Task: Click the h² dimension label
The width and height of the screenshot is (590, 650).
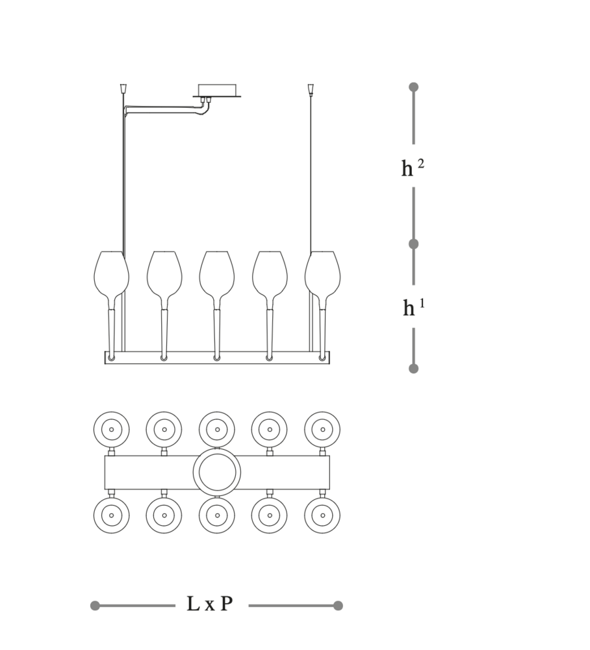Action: (x=413, y=168)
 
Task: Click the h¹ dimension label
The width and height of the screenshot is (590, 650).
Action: (x=414, y=307)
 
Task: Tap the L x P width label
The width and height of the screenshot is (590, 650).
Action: (x=210, y=604)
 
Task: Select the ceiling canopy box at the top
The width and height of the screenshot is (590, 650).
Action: (x=216, y=91)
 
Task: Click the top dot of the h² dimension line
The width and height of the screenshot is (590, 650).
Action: (x=413, y=87)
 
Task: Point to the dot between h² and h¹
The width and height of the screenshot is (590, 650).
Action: (x=413, y=244)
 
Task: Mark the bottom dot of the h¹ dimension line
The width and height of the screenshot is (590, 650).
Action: (x=413, y=369)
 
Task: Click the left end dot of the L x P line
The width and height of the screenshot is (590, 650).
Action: (x=95, y=606)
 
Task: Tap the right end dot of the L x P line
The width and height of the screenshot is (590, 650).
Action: (x=338, y=606)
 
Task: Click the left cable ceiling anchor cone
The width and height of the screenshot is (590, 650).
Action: (x=123, y=88)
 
